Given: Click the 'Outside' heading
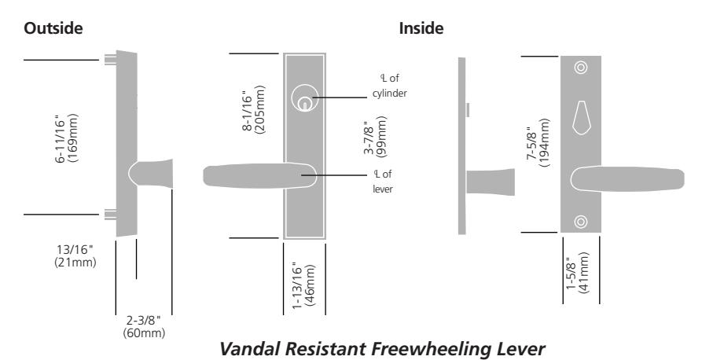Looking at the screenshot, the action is point(53,28).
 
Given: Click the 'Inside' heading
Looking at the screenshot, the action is point(421,28).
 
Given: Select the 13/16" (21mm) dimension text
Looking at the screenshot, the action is point(75,255).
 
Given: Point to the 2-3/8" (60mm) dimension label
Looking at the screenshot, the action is point(144,327).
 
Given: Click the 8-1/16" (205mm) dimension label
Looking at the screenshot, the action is point(254,108).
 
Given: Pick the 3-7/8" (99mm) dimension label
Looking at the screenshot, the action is point(375,137).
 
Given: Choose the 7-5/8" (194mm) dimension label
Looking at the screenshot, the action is point(538,142).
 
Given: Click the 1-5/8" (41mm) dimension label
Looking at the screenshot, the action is point(578,272).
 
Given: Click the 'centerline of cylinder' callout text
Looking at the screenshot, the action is point(389,86).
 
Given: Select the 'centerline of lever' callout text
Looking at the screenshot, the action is point(383,182).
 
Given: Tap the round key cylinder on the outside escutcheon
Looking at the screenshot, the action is point(305,98).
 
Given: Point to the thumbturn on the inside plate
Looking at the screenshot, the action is point(581,117).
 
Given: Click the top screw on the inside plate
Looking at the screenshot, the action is point(581,68).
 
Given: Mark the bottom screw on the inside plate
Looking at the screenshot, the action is point(581,222).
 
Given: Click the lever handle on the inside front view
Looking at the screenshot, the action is point(627,179).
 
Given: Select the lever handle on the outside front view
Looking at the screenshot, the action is point(259,175).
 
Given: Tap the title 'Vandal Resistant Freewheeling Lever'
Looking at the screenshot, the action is point(382,349).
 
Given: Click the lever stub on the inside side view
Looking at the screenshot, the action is point(491,182).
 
